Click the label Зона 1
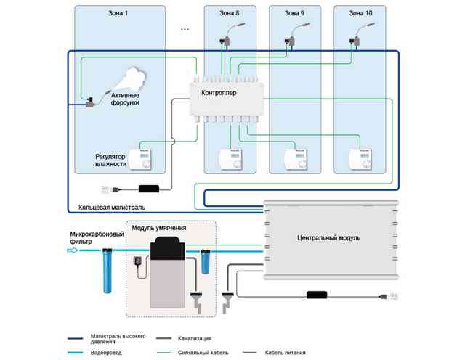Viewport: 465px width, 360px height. point(118,13)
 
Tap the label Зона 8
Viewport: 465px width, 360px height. point(230,13)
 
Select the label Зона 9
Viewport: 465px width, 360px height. point(294,13)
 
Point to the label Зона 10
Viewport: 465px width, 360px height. point(360,13)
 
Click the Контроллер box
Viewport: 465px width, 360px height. point(227,99)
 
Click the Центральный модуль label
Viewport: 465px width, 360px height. point(328,238)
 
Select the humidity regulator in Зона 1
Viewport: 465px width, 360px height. point(140,159)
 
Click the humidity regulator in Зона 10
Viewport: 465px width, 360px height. point(360,159)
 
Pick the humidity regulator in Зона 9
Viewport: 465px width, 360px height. point(296,159)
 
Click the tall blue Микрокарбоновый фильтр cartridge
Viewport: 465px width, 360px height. point(108,271)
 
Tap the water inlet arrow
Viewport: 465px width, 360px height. point(73,250)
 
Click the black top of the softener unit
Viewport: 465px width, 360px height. point(168,248)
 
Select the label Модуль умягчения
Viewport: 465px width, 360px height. point(159,228)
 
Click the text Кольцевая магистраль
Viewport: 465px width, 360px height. point(112,208)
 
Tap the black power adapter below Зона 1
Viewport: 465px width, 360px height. point(149,189)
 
